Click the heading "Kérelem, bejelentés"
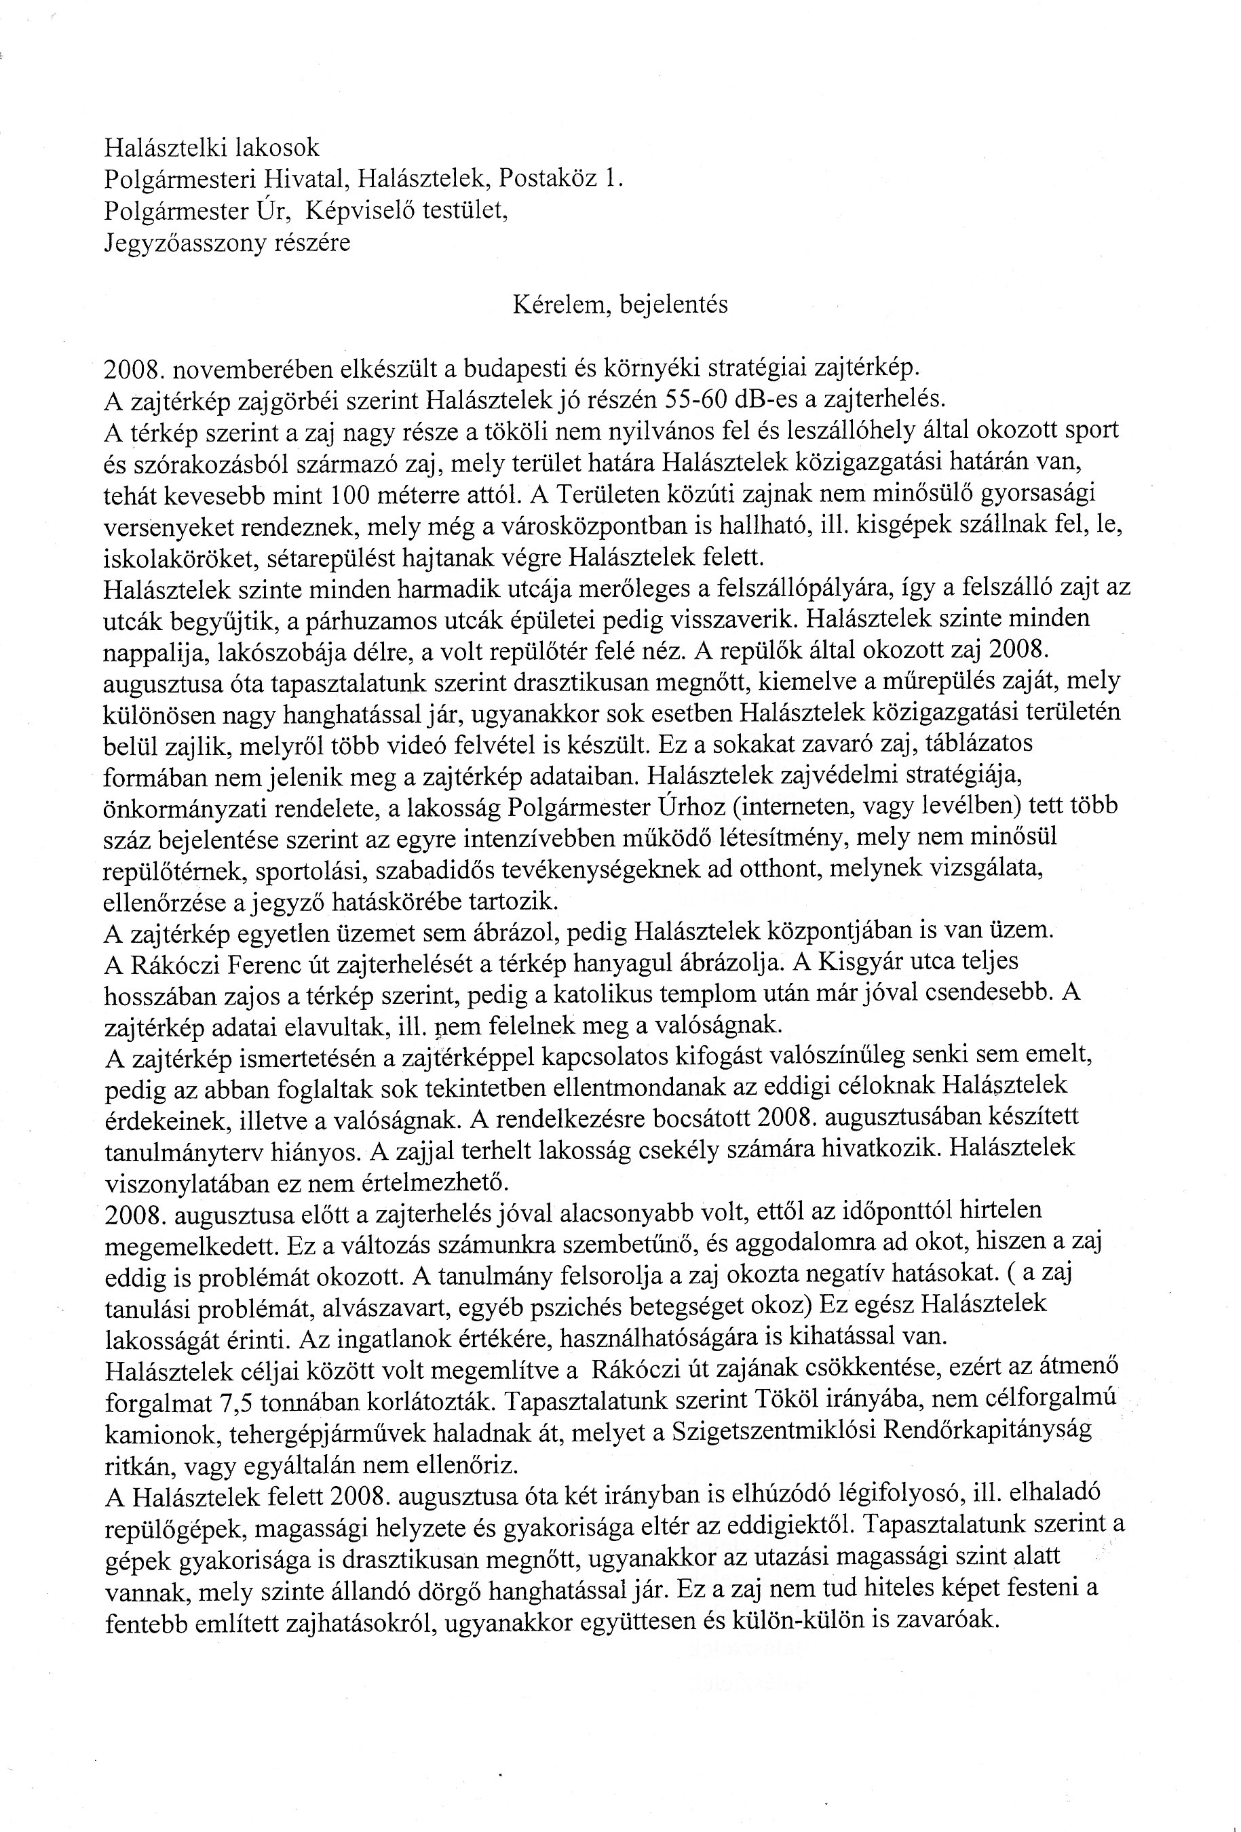619,306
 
